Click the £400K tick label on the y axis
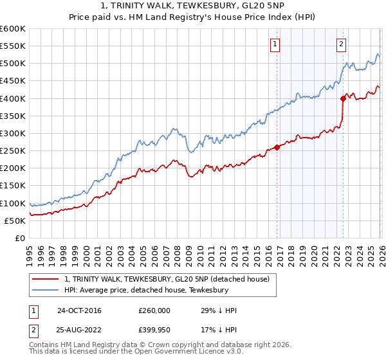(13, 98)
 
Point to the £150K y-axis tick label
(13, 186)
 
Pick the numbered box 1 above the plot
(275, 44)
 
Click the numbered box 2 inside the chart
(340, 44)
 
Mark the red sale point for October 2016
(277, 147)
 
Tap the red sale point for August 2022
(343, 98)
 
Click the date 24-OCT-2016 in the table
(79, 310)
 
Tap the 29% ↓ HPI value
(219, 310)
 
